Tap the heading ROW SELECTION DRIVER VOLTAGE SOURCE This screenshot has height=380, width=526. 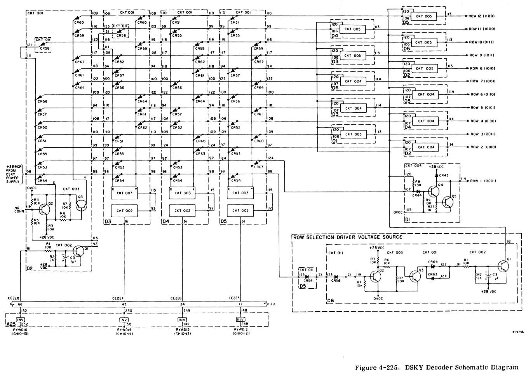[x=348, y=237]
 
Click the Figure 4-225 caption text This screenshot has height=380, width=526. [x=436, y=367]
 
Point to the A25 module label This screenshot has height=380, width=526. [x=11, y=324]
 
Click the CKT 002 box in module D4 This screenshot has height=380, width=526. [x=181, y=210]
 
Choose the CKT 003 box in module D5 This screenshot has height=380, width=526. [x=240, y=193]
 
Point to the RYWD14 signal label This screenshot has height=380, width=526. [x=124, y=329]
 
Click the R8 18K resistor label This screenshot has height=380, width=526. [x=418, y=183]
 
